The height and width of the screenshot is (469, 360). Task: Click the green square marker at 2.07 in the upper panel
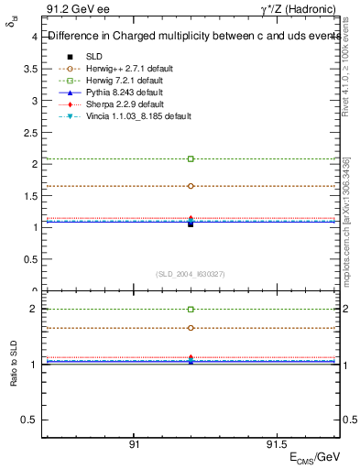pyautogui.click(x=191, y=159)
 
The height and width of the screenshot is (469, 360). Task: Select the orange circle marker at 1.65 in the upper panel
pyautogui.click(x=191, y=186)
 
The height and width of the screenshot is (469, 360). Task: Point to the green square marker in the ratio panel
pyautogui.click(x=191, y=310)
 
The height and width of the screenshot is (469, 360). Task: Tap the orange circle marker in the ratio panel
pyautogui.click(x=191, y=328)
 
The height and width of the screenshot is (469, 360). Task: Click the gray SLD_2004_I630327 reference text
pyautogui.click(x=191, y=274)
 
